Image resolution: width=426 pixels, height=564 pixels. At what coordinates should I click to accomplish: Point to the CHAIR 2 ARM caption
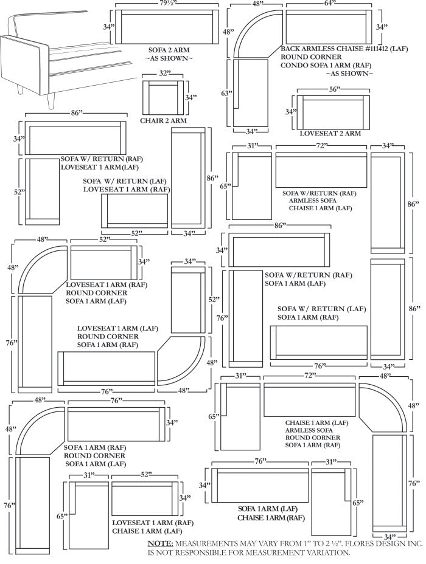pos(163,120)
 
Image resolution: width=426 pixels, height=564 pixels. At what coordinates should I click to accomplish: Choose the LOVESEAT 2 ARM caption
pos(331,133)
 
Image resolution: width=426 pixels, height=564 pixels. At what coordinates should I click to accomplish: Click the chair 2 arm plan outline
pos(162,97)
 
